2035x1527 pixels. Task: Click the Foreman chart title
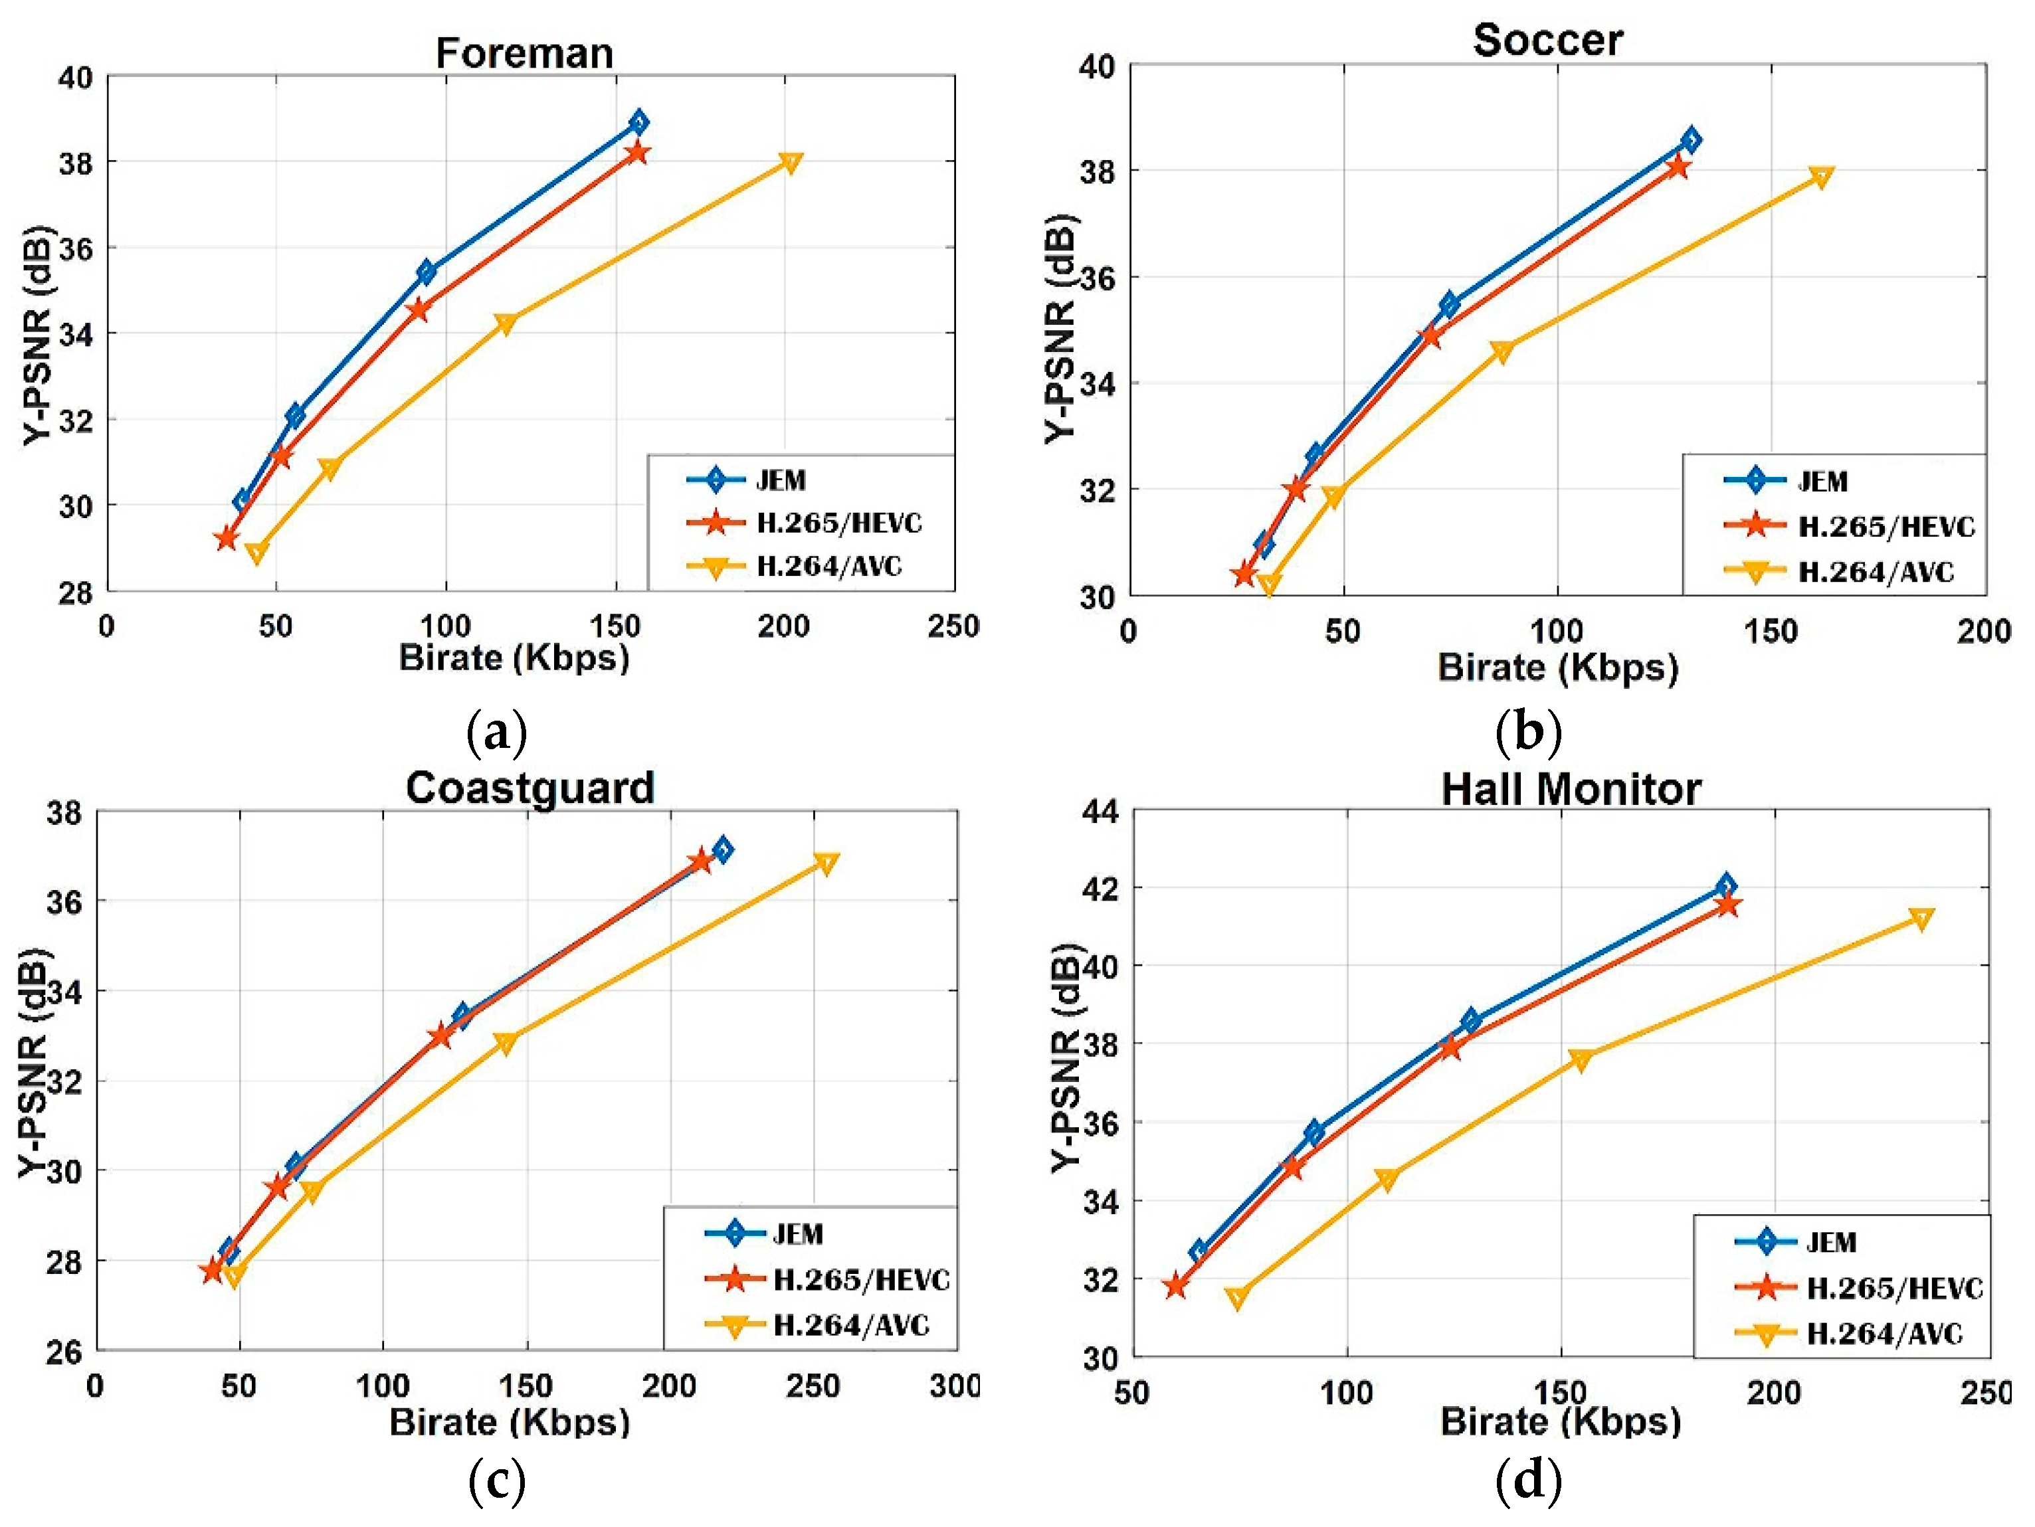[524, 52]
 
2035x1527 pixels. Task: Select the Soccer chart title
[1547, 40]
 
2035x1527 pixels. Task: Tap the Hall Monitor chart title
[1571, 788]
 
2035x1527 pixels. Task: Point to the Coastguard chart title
[530, 788]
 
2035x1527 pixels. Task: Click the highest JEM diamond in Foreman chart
[638, 122]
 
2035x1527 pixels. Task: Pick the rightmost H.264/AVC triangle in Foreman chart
[790, 163]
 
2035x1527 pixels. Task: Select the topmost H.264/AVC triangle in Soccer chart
[1820, 177]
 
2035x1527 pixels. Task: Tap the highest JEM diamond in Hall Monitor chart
[1726, 886]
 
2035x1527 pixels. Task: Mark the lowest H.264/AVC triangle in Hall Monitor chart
[1237, 1297]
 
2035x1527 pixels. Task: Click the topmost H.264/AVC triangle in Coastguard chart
[825, 862]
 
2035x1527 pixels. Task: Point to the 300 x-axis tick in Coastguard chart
[954, 1386]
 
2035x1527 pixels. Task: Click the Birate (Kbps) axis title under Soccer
[1557, 667]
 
